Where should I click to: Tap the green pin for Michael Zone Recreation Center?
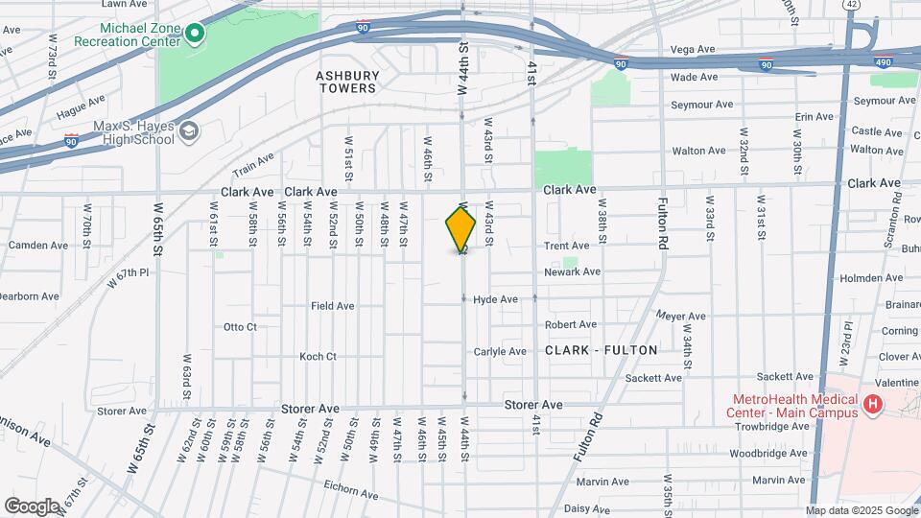195,35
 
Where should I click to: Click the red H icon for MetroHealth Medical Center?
872,405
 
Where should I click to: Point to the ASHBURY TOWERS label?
346,81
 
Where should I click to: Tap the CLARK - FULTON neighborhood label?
602,350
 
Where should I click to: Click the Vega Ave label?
693,49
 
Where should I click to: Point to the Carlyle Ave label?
500,351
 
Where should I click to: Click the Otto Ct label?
240,327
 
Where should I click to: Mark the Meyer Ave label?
681,316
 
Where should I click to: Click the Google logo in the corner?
32,506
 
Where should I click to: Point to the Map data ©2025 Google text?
861,510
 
